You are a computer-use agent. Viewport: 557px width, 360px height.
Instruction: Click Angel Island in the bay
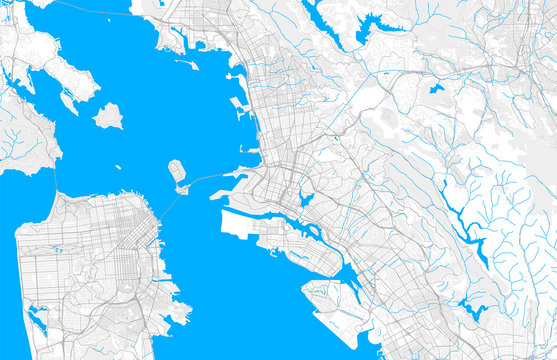108,117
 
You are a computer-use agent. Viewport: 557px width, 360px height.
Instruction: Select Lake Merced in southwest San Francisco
38,320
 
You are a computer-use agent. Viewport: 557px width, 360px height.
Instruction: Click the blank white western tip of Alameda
235,222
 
